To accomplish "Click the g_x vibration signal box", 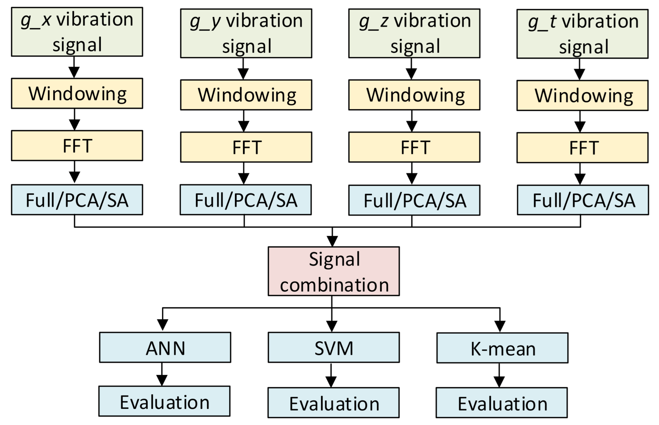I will click(x=77, y=32).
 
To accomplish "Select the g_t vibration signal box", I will click(x=582, y=34).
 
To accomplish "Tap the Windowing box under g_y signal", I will click(x=246, y=95).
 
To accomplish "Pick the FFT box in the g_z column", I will click(x=414, y=147).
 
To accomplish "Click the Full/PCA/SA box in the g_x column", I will click(x=77, y=200).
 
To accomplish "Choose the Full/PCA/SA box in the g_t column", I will click(x=583, y=200).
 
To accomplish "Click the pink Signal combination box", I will click(x=333, y=271).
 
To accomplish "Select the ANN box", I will click(x=165, y=347).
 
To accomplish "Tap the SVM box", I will click(x=333, y=347).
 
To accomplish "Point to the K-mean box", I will click(x=502, y=348).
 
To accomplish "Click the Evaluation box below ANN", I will click(x=164, y=401).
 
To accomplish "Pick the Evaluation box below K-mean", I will click(x=501, y=403).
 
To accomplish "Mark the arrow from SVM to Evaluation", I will click(x=331, y=375).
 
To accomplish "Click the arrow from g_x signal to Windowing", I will click(x=74, y=67).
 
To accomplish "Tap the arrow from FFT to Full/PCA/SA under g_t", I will click(x=580, y=174).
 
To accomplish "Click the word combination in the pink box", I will click(x=334, y=285).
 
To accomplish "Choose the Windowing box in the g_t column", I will click(x=582, y=95).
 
